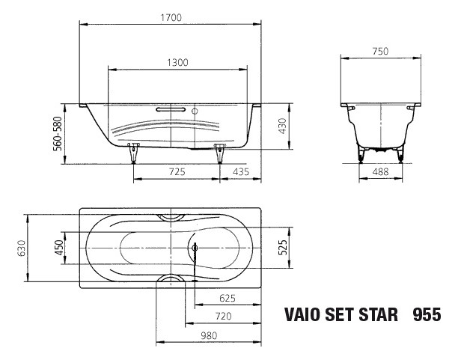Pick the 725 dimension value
tap(177, 172)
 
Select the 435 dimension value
tap(241, 172)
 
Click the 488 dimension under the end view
tap(381, 172)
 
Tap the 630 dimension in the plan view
tap(22, 248)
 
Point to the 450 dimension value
tap(58, 248)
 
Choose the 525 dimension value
tap(283, 248)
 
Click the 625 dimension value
tap(228, 298)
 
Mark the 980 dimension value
tap(209, 335)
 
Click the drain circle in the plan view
tap(195, 248)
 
